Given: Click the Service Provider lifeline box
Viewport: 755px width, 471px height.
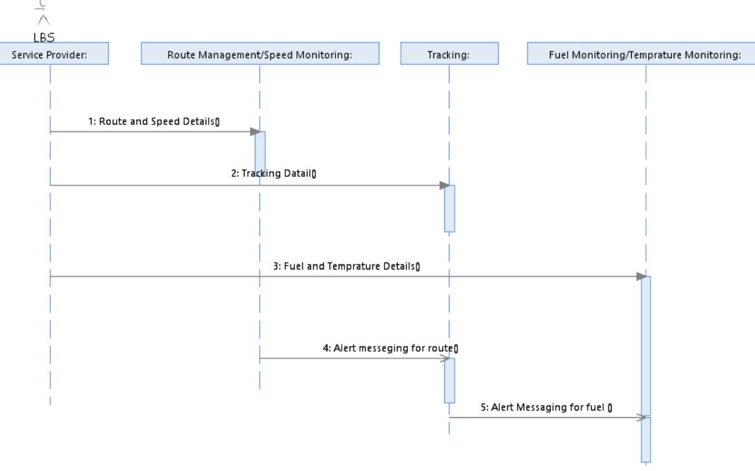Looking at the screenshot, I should pyautogui.click(x=50, y=54).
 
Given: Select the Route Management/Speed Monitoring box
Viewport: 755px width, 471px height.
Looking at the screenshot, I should pyautogui.click(x=259, y=54).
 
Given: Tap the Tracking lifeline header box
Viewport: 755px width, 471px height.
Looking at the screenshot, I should pyautogui.click(x=449, y=54).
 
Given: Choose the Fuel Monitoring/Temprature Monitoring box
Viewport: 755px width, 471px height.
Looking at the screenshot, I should pyautogui.click(x=645, y=54).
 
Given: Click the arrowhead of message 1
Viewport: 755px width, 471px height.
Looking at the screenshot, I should pyautogui.click(x=255, y=132).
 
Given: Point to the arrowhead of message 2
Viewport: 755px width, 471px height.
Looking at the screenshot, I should pyautogui.click(x=444, y=185).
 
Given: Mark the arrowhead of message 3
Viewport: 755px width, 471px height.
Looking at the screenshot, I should pyautogui.click(x=641, y=277).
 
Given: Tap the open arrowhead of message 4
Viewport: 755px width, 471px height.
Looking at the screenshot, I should pyautogui.click(x=446, y=358).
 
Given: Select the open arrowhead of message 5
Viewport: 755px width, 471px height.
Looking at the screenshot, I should pyautogui.click(x=642, y=418).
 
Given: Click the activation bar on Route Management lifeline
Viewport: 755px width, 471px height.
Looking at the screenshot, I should pyautogui.click(x=259, y=157).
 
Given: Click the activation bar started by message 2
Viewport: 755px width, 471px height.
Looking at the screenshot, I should pyautogui.click(x=449, y=208).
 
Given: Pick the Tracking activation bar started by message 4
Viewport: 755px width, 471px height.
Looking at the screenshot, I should pyautogui.click(x=449, y=380).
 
